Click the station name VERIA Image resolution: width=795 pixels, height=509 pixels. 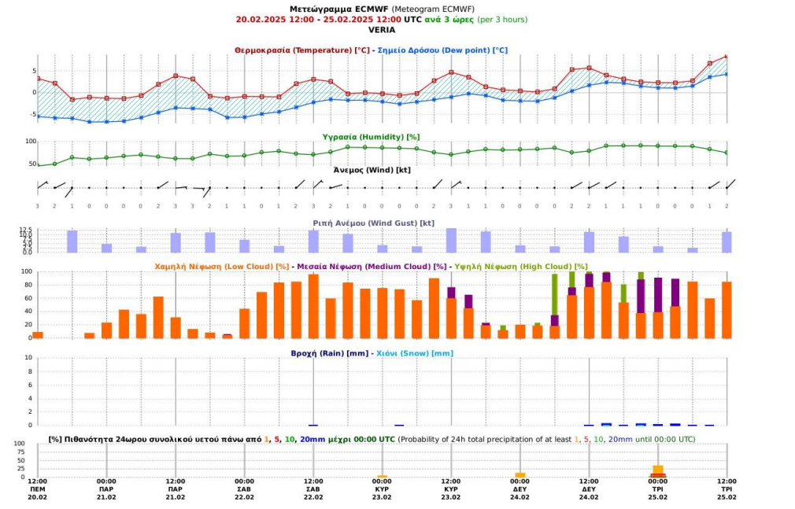tap(381, 29)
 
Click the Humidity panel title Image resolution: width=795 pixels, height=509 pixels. tap(372, 137)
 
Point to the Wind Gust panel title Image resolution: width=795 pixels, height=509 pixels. tap(373, 223)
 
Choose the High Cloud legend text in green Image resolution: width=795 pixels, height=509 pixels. tap(521, 267)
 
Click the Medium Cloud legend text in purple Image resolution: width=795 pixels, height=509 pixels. tap(372, 267)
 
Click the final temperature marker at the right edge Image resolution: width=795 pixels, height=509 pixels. tap(727, 57)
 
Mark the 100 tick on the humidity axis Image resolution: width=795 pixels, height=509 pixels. tap(31, 142)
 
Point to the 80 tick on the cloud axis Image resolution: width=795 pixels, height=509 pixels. tap(28, 285)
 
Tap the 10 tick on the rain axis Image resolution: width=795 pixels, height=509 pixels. tap(28, 358)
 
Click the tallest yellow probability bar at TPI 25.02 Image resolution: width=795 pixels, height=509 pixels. tap(657, 470)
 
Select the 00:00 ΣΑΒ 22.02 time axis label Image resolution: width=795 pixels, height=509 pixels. tap(244, 489)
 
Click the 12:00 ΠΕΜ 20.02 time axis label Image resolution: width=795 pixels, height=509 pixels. tap(38, 489)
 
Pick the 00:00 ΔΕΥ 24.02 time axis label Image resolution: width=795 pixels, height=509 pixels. tap(520, 489)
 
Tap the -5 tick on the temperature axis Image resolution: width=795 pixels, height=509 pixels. tap(33, 115)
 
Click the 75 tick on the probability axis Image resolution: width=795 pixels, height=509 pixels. tap(20, 452)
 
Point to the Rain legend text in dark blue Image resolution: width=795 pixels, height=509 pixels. tap(330, 353)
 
